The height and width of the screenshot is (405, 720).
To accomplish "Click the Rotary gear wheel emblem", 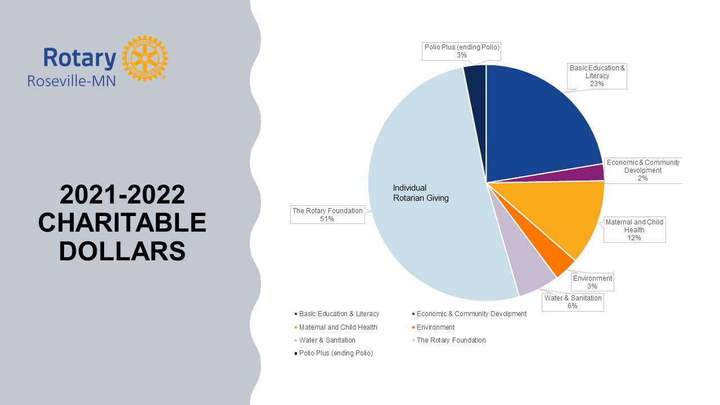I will pos(145,58).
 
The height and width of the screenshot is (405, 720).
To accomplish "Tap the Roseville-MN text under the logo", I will pos(71,80).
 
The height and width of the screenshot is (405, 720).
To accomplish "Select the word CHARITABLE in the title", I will pos(122,223).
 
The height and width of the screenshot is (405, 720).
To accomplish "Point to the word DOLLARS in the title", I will pos(122,251).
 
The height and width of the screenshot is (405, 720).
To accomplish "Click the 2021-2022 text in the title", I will pos(122,195).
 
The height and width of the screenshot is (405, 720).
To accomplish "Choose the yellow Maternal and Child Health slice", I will pos(574,219).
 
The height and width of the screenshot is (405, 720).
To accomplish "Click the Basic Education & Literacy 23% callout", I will pos(597,76).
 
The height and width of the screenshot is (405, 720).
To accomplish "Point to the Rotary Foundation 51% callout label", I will pos(327,215).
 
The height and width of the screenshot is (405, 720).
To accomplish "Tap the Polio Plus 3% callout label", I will pos(461,51).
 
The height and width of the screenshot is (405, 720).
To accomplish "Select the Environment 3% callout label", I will pos(592,282).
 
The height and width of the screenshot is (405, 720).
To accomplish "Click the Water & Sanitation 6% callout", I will pos(573,302).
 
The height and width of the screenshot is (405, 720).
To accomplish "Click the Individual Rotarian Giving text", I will pos(421,193).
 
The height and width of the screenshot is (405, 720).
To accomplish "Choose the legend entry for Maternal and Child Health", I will pos(337,327).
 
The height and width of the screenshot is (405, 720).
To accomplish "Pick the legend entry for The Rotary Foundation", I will pos(451,340).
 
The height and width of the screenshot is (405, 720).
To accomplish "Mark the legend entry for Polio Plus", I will pos(336,353).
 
